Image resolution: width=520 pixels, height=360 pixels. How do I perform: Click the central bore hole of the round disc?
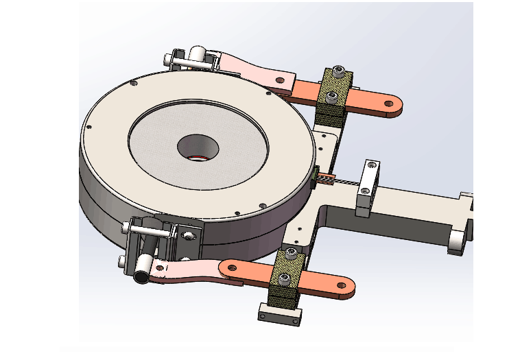tap(198, 145)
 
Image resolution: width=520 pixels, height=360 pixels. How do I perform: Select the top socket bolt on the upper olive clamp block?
tap(338, 71)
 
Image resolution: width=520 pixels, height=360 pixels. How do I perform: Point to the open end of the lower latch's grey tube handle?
tap(140, 276)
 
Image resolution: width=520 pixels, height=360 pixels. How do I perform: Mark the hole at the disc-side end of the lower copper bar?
tap(232, 267)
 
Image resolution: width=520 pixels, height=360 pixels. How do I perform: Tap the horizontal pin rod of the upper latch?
tap(185, 64)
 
